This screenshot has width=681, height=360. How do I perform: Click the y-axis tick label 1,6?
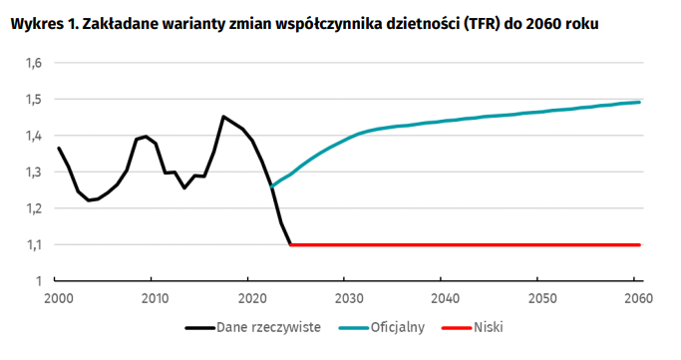click(x=33, y=63)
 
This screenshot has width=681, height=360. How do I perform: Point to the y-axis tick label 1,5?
click(x=33, y=100)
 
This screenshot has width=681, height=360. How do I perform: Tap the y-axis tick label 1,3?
click(x=33, y=172)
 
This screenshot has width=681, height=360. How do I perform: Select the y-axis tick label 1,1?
click(x=33, y=244)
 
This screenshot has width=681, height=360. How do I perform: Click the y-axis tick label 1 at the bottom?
click(x=38, y=280)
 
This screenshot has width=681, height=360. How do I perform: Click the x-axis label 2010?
click(x=154, y=297)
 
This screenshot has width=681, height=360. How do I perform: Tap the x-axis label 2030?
click(x=347, y=297)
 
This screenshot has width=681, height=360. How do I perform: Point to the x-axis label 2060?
click(x=637, y=297)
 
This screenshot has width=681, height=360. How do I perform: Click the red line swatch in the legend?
click(x=455, y=326)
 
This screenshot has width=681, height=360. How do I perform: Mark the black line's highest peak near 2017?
click(x=222, y=117)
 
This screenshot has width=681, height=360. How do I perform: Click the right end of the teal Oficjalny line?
click(x=639, y=102)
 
